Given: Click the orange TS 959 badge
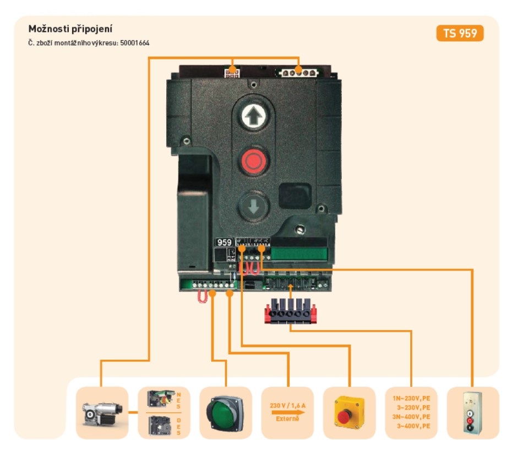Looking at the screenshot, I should pos(460,33).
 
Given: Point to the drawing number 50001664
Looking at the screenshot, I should pos(135,42).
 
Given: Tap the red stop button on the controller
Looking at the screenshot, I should pos(253,161).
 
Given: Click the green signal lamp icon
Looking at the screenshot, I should pos(225,412).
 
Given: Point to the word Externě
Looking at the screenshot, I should pos(287,419).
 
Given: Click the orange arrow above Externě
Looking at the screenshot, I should pos(287,412).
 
